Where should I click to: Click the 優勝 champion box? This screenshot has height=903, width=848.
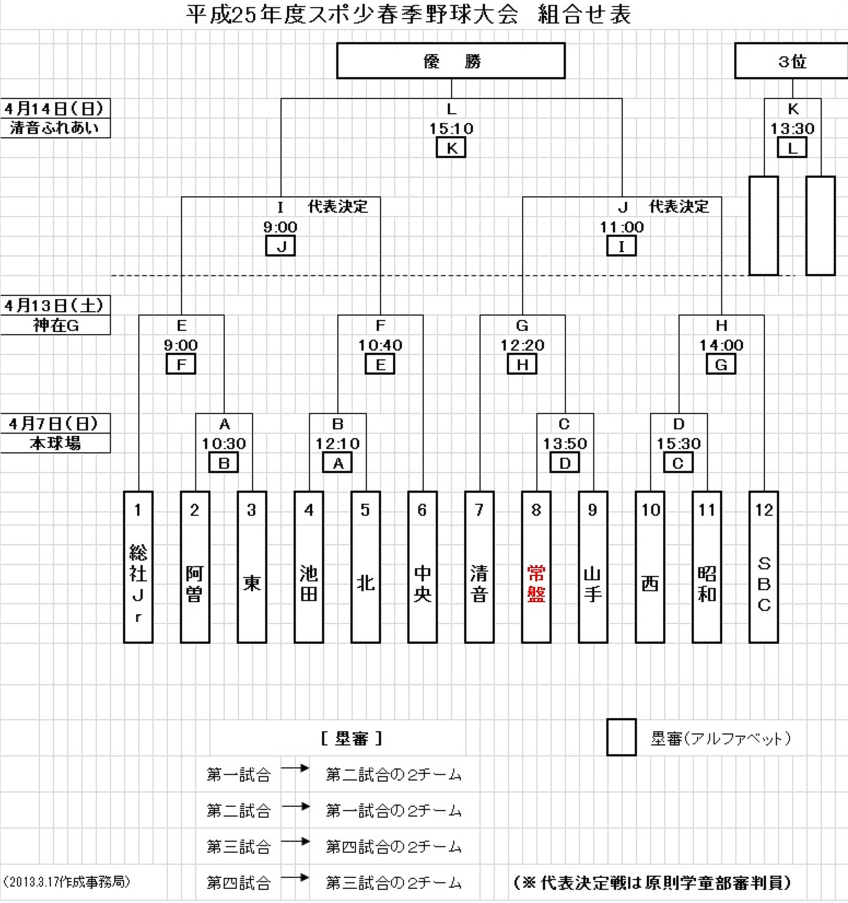(451, 61)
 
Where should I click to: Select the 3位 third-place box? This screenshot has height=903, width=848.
(791, 61)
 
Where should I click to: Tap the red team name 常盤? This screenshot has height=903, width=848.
(536, 584)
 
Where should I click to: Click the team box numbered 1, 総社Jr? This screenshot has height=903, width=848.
(138, 567)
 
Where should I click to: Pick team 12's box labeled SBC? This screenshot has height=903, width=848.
(763, 567)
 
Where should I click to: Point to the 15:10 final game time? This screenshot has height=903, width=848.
(451, 129)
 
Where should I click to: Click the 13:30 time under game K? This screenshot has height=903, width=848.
(792, 129)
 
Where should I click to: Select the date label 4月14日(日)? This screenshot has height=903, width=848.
(54, 108)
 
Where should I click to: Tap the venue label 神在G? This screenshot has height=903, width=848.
(55, 325)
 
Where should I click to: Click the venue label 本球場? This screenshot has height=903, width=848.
(55, 443)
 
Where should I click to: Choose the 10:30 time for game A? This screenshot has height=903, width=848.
(224, 444)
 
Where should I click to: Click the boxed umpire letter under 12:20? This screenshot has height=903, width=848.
(522, 364)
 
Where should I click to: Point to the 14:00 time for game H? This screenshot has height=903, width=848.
(721, 345)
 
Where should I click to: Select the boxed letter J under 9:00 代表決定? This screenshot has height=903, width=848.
(280, 246)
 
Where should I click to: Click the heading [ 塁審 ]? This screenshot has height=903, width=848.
(352, 739)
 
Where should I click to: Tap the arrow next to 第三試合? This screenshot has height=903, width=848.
(295, 842)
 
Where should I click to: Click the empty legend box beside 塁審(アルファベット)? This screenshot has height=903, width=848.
(621, 737)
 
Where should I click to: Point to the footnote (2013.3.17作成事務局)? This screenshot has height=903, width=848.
(66, 882)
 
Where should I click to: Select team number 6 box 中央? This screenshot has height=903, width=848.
(422, 567)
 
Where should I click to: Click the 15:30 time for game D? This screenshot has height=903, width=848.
(679, 444)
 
